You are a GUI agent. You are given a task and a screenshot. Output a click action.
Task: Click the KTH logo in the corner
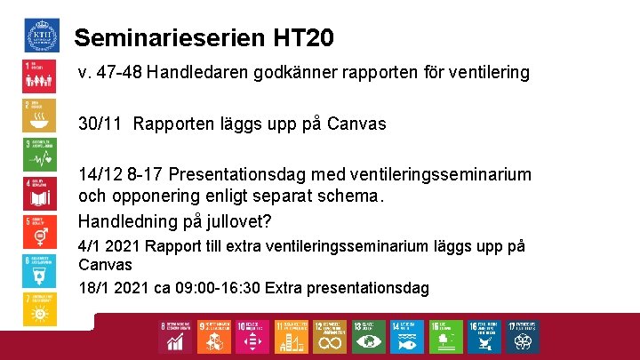[x=42, y=36]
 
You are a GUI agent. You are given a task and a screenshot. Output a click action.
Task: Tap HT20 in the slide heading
[x=305, y=37]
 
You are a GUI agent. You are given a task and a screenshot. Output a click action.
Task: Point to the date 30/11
[x=97, y=124]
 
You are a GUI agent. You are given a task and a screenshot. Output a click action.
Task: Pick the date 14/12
[x=97, y=173]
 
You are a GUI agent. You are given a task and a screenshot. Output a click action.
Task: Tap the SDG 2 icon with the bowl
[x=39, y=116]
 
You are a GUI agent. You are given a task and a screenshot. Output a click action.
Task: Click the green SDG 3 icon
[x=39, y=155]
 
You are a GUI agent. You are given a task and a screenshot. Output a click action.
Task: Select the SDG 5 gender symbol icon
[x=39, y=232]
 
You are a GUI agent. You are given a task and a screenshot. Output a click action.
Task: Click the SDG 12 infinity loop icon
[x=330, y=336]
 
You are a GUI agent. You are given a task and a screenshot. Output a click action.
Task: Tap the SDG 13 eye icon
[x=369, y=336]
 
